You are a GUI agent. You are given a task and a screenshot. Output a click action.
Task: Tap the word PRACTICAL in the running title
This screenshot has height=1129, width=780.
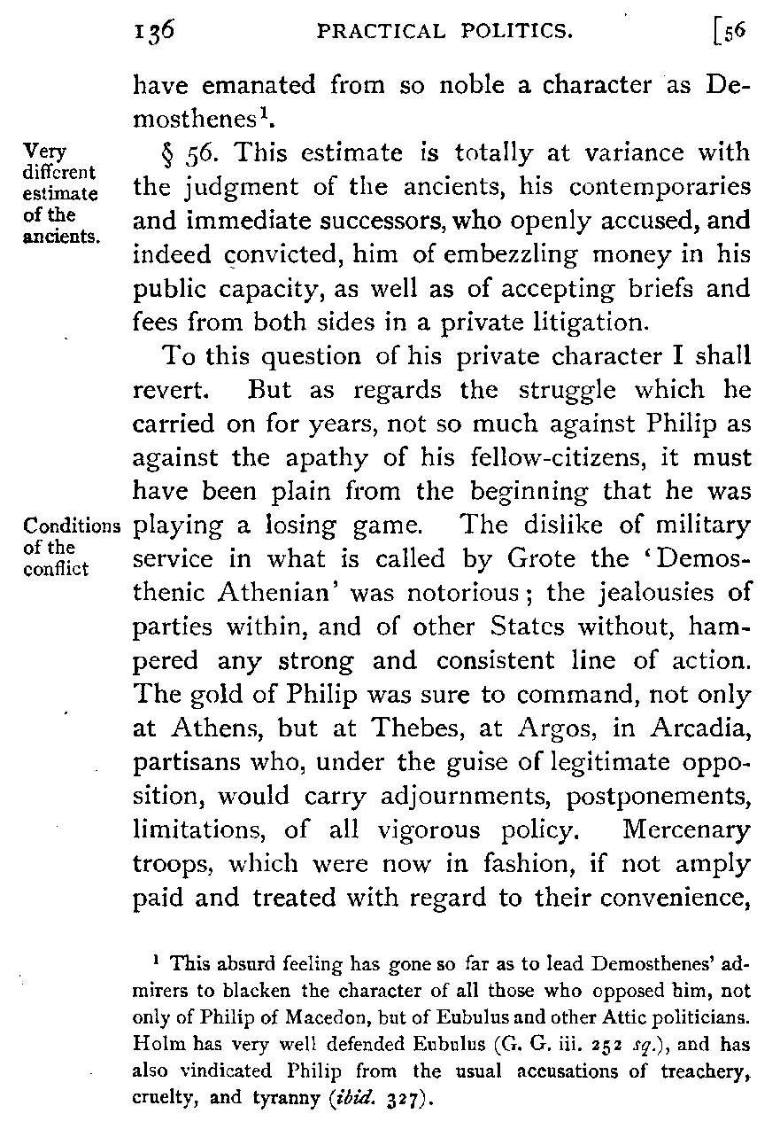coord(371,34)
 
